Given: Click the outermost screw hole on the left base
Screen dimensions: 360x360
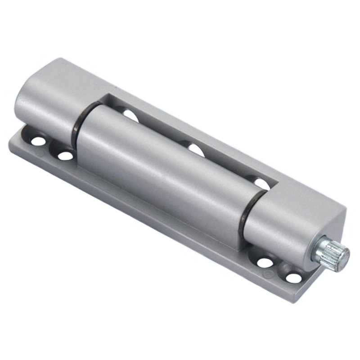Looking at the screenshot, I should (x=38, y=141).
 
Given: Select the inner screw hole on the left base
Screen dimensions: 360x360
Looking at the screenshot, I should (x=66, y=156).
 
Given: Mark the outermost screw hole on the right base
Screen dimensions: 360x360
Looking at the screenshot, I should (x=293, y=278).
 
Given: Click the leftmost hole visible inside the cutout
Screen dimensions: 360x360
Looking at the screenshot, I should (x=130, y=116).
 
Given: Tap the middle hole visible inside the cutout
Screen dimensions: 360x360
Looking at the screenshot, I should (x=196, y=150).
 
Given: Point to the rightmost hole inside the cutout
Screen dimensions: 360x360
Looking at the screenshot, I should (x=261, y=184).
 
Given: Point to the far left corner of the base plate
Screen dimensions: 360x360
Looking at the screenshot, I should (x=10, y=143).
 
